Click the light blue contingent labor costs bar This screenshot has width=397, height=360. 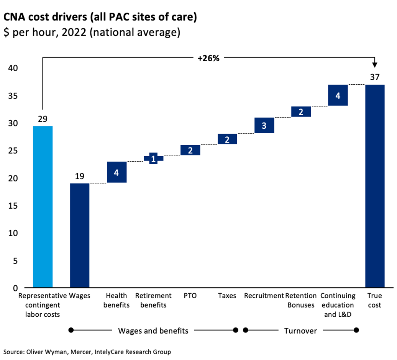43,207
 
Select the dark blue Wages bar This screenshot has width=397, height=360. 80,236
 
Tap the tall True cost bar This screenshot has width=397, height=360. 375,186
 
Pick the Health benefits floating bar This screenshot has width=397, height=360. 117,172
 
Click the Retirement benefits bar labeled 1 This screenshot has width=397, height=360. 153,158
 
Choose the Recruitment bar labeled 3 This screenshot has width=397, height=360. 264,125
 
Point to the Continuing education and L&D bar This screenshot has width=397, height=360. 338,95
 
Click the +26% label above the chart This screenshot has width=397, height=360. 208,59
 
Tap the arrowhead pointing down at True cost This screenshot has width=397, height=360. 375,65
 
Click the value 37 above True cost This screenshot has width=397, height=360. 375,77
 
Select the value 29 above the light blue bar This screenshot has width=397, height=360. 43,119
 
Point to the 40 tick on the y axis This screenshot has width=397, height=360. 13,68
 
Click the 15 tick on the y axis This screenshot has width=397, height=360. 13,206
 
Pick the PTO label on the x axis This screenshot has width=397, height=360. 190,296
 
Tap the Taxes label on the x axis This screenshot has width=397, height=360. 227,296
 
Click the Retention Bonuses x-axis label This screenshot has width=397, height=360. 301,301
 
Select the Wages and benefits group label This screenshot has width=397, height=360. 153,331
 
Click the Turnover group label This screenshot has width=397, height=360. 300,331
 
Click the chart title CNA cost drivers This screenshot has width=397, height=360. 100,17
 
